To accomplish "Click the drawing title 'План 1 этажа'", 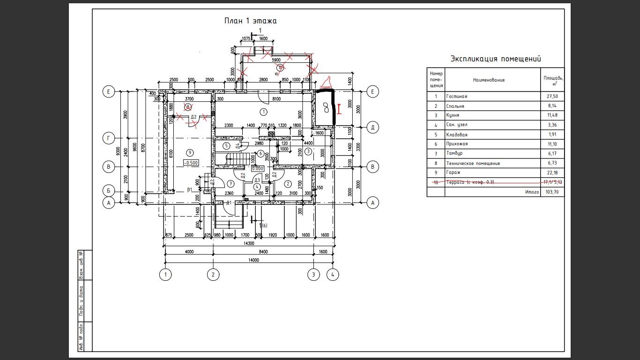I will tap(250, 21).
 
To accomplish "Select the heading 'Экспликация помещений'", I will tap(495, 59).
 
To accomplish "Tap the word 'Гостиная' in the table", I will tap(456, 97).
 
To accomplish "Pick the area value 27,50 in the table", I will tap(552, 97).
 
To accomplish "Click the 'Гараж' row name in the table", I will tap(453, 173).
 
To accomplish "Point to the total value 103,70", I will tap(552, 192).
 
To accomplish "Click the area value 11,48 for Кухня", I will tap(552, 115).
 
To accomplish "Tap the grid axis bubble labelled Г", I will tap(109, 138).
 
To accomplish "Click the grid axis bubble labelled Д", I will tap(372, 127).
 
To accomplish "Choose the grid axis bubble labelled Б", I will tap(109, 191).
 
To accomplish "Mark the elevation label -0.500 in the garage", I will tap(191, 163).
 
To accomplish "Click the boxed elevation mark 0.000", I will tap(258, 169).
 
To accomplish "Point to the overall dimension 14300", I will tap(248, 243).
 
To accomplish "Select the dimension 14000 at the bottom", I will tap(253, 260).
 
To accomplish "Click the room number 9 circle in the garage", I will tap(190, 152).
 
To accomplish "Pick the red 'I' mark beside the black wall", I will tap(338, 109).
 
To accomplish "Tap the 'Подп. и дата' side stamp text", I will tap(81, 300).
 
